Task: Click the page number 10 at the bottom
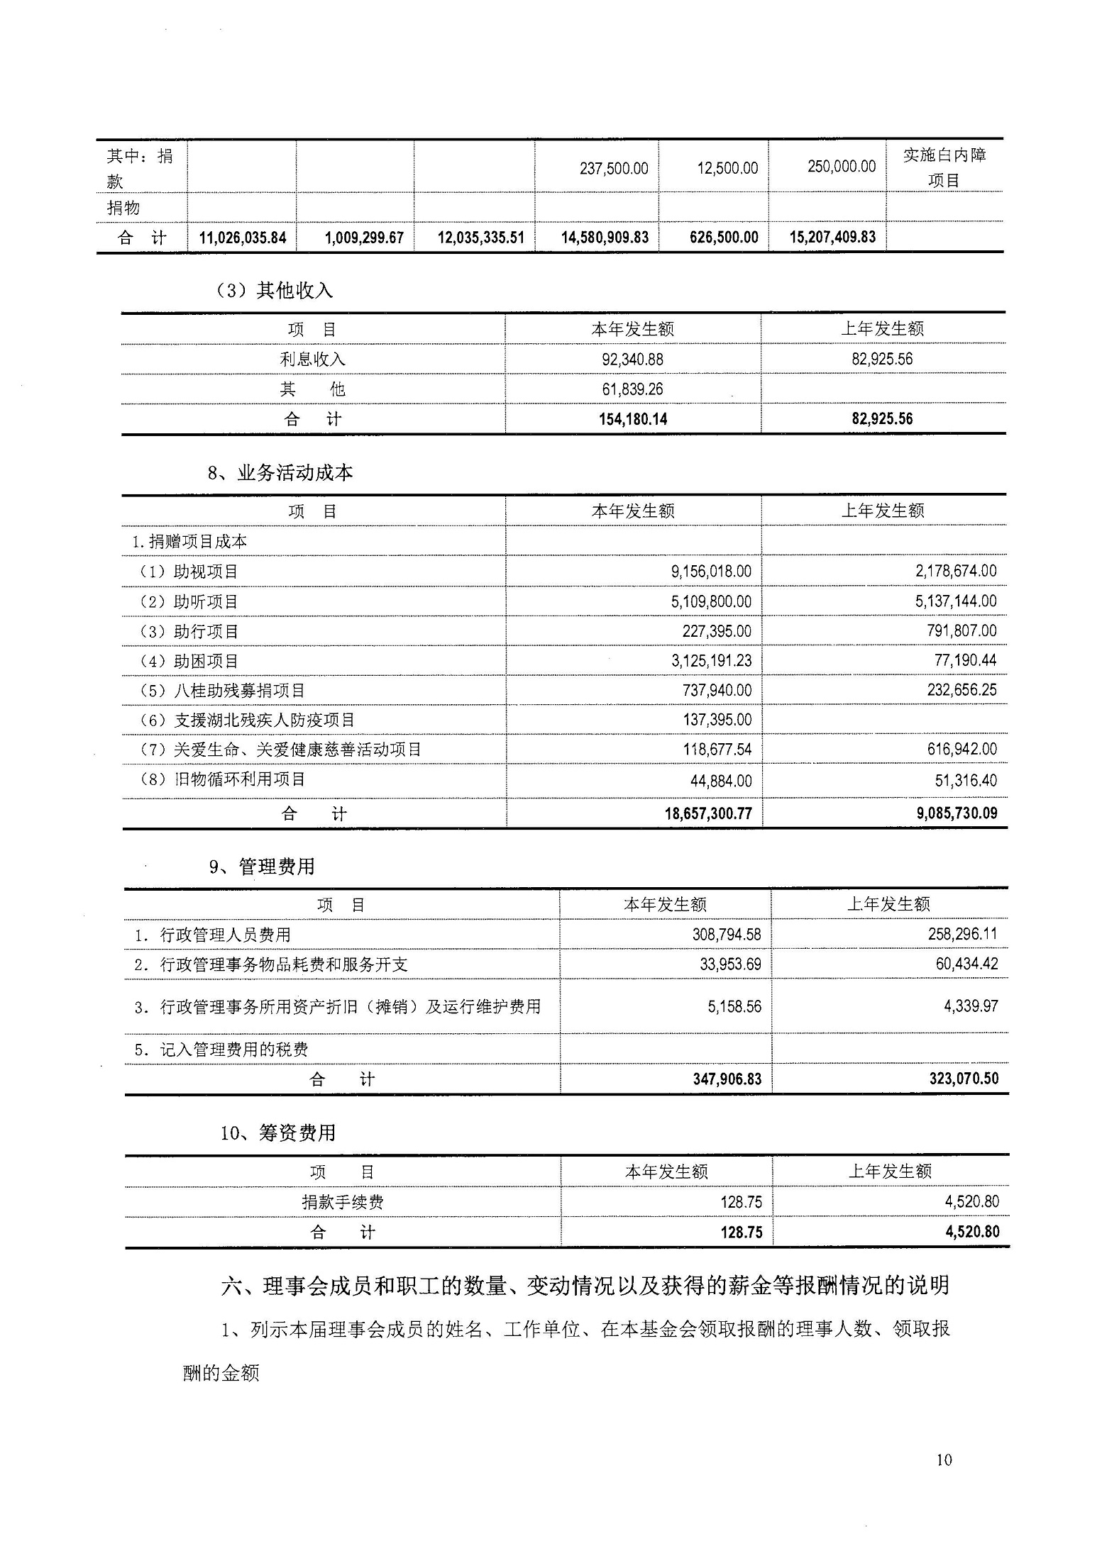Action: click(944, 1459)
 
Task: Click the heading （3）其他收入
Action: click(274, 290)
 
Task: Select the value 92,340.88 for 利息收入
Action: click(632, 360)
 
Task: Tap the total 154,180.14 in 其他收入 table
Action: click(632, 419)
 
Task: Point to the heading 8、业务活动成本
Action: click(280, 473)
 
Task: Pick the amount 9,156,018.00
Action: click(711, 572)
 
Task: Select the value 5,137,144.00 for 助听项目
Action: click(955, 601)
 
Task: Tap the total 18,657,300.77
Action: click(707, 813)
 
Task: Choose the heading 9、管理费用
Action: click(262, 867)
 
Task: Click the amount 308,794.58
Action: click(726, 935)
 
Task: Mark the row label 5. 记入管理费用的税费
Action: click(221, 1050)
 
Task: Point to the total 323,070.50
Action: click(963, 1079)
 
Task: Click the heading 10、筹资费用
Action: click(277, 1133)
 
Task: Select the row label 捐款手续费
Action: click(343, 1202)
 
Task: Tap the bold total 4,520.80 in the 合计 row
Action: click(971, 1232)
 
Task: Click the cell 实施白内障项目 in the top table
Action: click(944, 167)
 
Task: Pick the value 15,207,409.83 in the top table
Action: click(832, 237)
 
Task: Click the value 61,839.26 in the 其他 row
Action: click(632, 389)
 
